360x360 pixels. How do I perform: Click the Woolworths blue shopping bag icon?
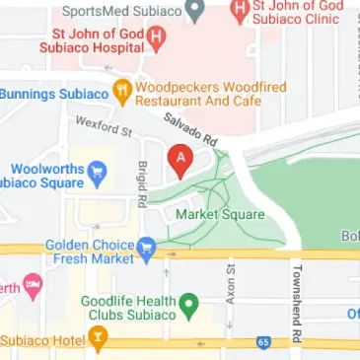97,175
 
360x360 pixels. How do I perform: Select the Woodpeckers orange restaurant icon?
122,93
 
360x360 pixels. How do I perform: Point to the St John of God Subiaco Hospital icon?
156,38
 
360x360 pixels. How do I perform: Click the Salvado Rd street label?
190,128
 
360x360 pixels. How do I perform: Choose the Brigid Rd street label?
142,183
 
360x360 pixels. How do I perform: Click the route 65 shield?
263,341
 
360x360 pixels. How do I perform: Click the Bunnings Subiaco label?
54,94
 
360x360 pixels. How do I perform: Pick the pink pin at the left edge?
34,288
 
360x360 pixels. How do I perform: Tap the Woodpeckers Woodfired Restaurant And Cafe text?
210,93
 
